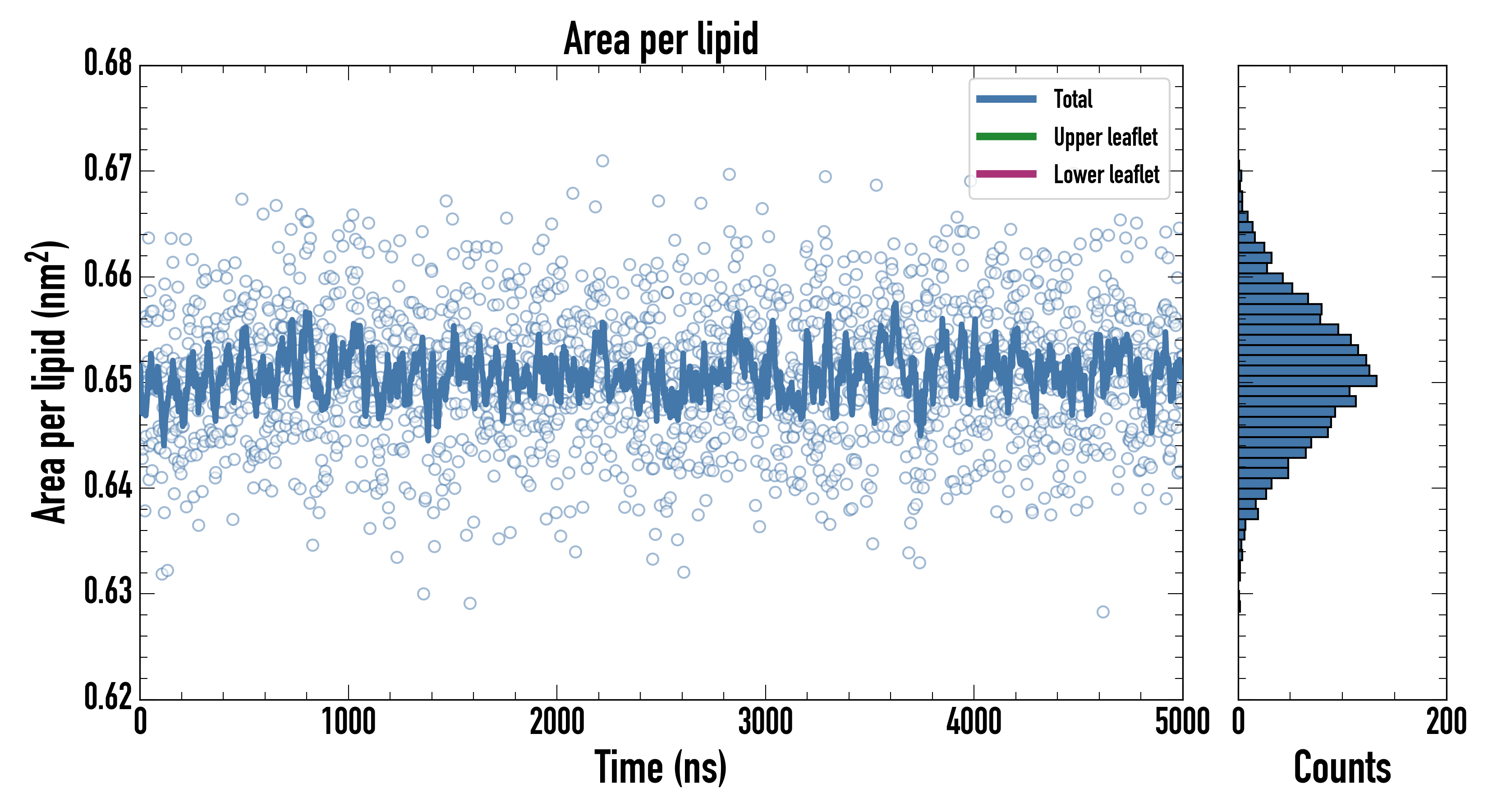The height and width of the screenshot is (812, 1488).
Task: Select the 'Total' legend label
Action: pos(1073,99)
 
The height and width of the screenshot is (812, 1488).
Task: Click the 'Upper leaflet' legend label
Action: pos(1105,137)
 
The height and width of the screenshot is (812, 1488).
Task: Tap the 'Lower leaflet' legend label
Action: pos(1106,175)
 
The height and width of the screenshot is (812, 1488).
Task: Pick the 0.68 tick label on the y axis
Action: pos(108,63)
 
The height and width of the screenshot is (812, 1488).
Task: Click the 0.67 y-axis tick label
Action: pos(108,169)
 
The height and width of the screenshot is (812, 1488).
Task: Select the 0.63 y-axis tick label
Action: pos(108,591)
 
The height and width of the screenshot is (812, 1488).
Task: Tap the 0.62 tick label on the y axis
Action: pos(108,697)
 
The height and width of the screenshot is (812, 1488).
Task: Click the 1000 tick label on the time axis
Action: pos(348,722)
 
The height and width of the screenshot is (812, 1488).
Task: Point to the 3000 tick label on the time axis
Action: pos(765,722)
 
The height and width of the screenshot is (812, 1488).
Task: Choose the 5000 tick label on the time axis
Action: pos(1182,722)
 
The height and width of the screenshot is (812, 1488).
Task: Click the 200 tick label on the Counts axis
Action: pos(1446,722)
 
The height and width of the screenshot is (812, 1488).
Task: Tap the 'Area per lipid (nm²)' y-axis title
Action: pos(49,382)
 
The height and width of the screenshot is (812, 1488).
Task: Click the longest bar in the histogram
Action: pos(1307,381)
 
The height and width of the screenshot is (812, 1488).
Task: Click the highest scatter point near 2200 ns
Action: pos(602,161)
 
